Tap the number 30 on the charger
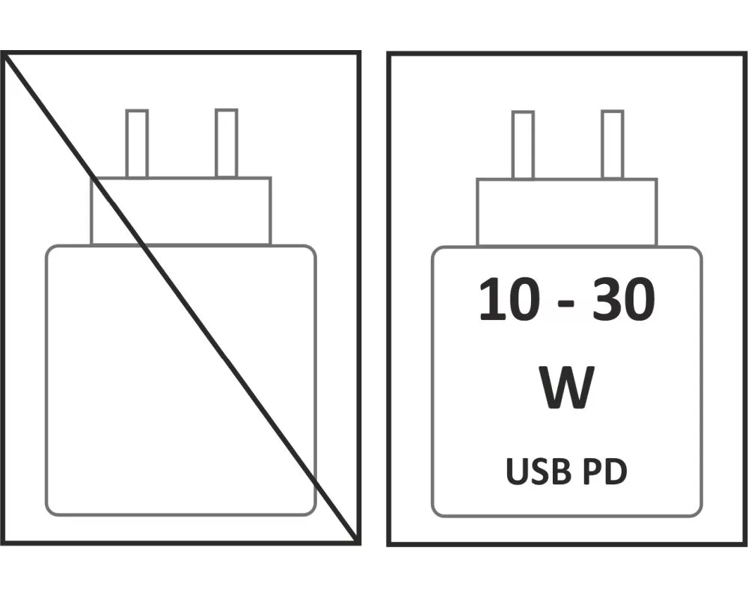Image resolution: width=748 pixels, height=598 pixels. [x=624, y=300]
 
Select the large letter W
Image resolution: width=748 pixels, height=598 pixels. [x=567, y=387]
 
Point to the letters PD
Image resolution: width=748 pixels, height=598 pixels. [x=605, y=471]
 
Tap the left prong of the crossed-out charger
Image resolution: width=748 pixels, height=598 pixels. [x=137, y=144]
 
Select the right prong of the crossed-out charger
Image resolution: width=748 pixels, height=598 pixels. [x=226, y=143]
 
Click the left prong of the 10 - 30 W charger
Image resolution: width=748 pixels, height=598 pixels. [x=523, y=145]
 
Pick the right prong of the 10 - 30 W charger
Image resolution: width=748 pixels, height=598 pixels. [x=613, y=144]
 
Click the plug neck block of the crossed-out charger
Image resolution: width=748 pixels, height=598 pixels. [x=181, y=211]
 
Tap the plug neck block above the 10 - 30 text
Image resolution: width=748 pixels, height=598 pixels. [x=567, y=213]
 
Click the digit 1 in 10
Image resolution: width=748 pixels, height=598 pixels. [x=492, y=300]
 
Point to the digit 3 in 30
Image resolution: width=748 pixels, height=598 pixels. [x=607, y=300]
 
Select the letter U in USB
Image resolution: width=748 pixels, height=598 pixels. [x=517, y=472]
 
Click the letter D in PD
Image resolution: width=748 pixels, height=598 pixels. [x=616, y=471]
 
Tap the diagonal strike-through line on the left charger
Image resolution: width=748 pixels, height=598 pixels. [x=180, y=297]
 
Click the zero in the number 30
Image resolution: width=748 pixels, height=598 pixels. [x=640, y=300]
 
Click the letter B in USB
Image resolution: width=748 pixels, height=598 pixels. [x=561, y=471]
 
